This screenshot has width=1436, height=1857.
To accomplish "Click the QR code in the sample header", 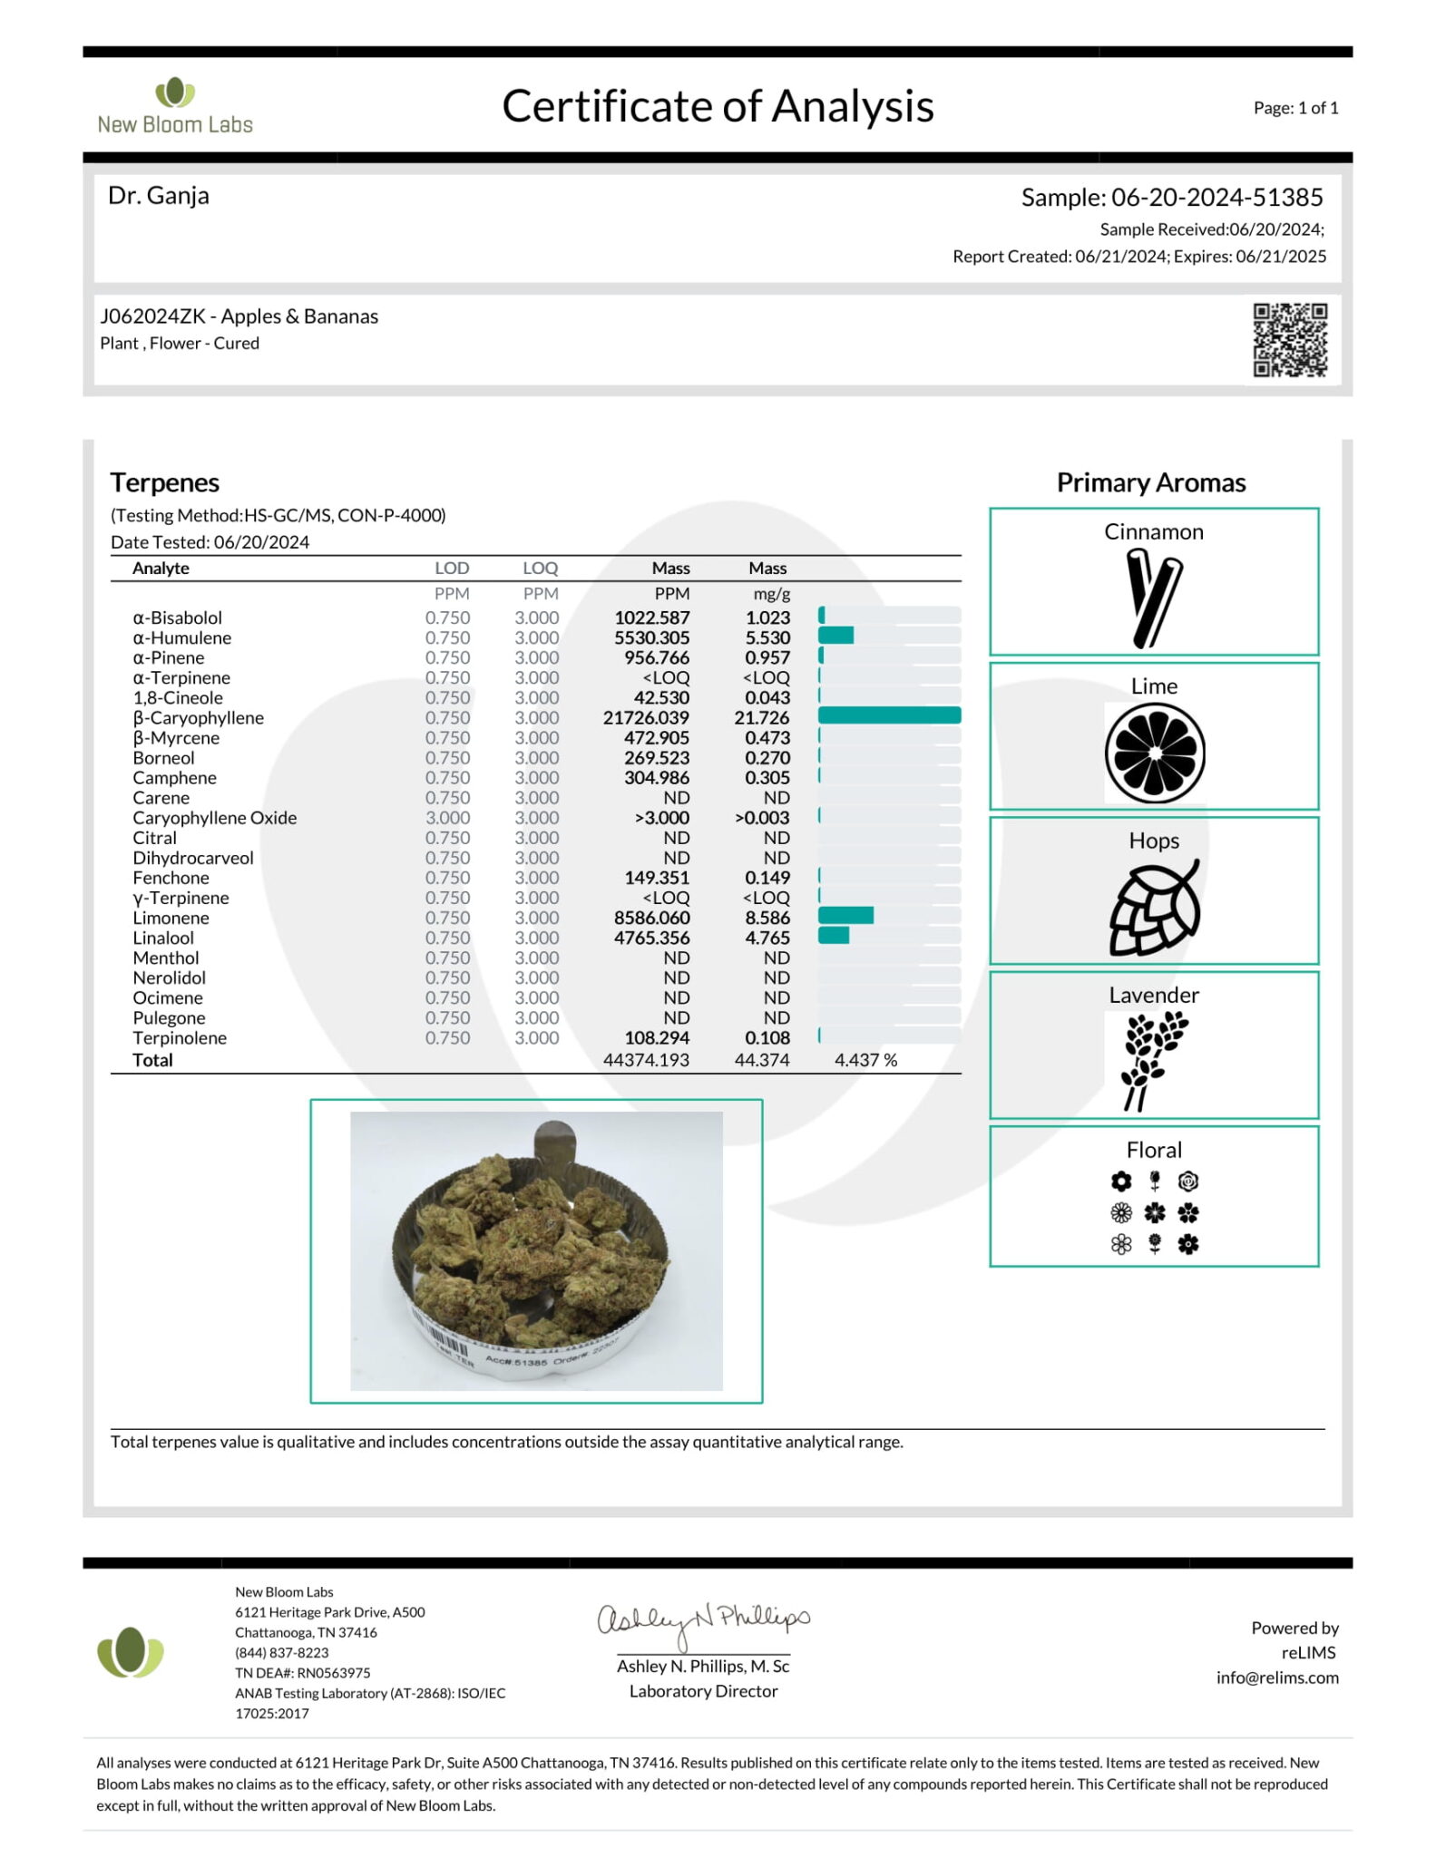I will click(1290, 340).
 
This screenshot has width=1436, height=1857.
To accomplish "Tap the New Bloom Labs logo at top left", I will click(175, 107).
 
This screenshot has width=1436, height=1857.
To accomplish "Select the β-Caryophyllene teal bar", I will click(889, 716).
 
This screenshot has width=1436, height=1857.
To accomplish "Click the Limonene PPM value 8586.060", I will click(651, 918).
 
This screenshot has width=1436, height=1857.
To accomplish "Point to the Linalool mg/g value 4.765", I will click(767, 938).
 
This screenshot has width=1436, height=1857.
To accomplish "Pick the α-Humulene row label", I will click(181, 637).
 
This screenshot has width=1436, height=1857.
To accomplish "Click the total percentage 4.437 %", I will click(865, 1060).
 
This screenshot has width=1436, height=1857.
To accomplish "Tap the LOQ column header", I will click(540, 569).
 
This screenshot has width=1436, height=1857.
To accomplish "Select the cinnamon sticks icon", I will click(1153, 598).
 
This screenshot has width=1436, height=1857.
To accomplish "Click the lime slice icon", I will click(1154, 753).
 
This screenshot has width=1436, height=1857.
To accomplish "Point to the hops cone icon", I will click(1154, 908).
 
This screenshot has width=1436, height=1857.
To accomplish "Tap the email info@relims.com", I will click(1276, 1677).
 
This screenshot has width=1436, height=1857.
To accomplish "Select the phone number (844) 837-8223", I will click(281, 1653).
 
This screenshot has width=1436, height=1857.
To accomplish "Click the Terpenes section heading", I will click(165, 482).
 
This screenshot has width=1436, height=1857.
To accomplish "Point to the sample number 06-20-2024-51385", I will click(1216, 197).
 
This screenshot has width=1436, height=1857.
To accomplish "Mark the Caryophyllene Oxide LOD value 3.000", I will click(447, 818).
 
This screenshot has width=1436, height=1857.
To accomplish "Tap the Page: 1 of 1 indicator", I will click(1295, 108).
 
